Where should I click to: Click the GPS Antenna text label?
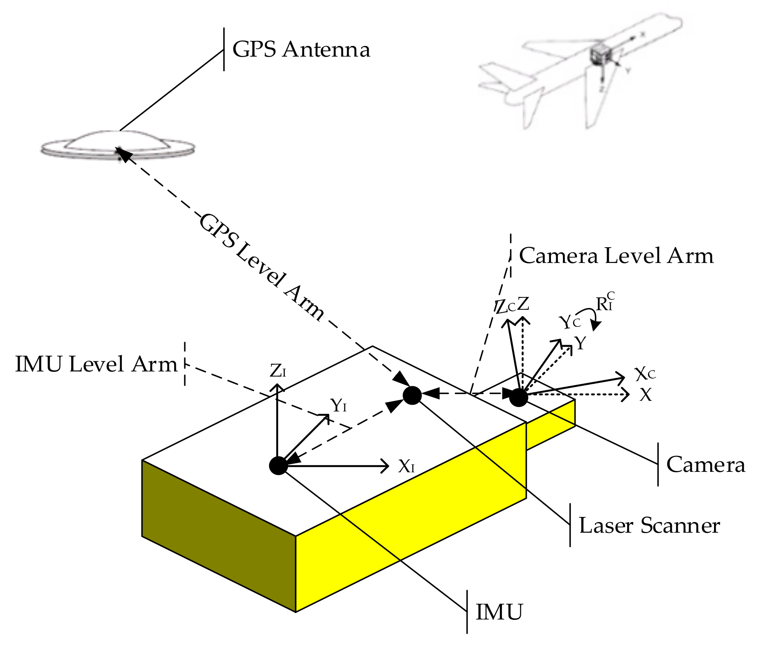pos(301,49)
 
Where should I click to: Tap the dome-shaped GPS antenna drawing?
pos(118,145)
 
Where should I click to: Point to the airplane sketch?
pos(579,70)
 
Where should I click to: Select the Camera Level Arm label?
pos(616,256)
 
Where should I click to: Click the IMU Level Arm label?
pos(96,365)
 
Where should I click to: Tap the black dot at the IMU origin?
pos(278,465)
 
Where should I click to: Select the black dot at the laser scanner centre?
pos(412,395)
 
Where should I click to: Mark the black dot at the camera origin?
pos(519,397)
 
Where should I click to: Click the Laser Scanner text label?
pos(649,525)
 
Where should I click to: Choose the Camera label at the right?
pos(706,465)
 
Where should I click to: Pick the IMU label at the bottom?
pos(499,612)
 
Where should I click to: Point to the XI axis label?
pos(406,467)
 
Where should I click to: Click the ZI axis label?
pos(278,371)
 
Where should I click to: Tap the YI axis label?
pos(338,405)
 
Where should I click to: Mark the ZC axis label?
pos(505,307)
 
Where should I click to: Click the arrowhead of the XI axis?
pos(385,466)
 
